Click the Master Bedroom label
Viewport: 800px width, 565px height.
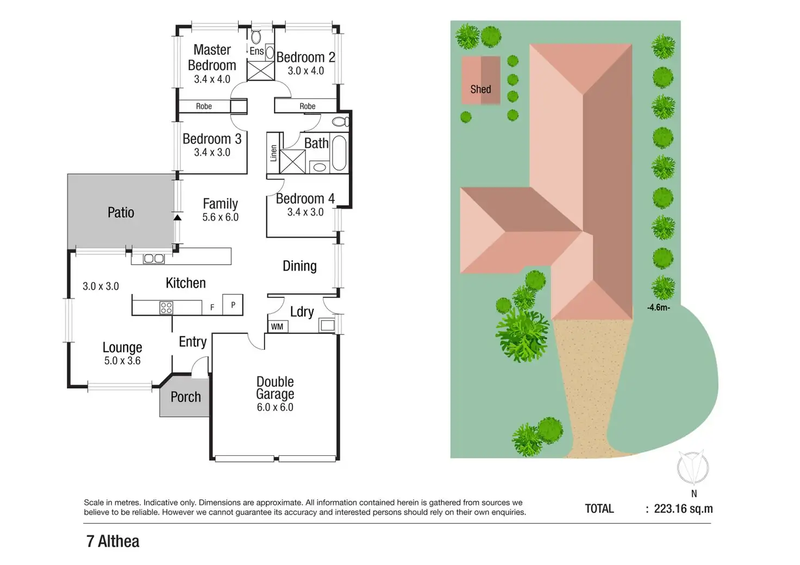212,58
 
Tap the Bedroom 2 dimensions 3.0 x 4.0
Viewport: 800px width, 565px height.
305,71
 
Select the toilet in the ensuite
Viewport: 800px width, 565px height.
255,37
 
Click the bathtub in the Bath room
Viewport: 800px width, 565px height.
339,153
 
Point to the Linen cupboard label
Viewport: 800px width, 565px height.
273,153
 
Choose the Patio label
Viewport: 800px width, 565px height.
121,212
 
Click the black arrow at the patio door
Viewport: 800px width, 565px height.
177,217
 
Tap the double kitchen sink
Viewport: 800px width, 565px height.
154,259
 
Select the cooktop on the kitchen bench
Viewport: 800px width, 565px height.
166,308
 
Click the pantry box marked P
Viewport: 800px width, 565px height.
233,305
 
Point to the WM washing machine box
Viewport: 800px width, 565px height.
277,327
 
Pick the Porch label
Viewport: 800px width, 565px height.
185,397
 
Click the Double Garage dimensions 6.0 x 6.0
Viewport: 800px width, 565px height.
275,407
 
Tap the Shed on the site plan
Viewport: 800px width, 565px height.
481,80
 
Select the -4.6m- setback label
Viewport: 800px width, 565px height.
658,307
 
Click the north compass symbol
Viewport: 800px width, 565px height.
693,467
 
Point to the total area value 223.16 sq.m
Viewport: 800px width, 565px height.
683,509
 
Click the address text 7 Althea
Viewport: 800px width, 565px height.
113,542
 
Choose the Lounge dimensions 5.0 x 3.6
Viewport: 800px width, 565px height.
122,361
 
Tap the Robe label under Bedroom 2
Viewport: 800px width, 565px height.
308,106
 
